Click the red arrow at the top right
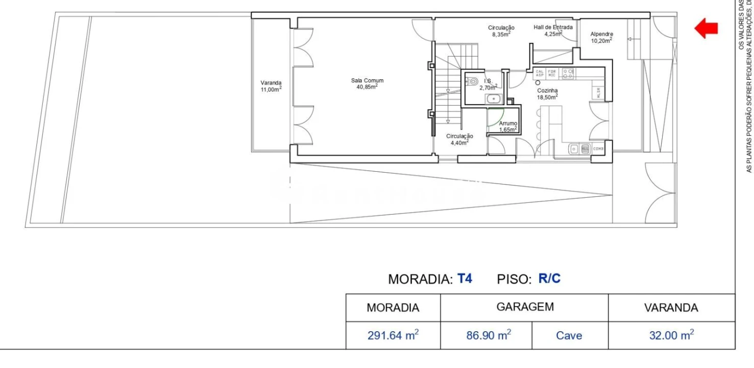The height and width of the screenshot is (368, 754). pos(707,28)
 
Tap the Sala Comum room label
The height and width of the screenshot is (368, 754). pos(367,83)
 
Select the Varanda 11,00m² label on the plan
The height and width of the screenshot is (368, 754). pos(271,86)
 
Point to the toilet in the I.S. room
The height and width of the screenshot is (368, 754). pos(472,81)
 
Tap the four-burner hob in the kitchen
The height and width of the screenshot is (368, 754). pos(568,74)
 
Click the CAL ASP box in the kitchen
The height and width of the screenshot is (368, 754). pos(540,74)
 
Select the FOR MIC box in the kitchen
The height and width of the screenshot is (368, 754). pos(552,74)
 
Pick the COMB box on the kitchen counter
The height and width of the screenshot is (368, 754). pos(598,149)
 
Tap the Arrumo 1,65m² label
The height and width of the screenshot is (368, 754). pos(508,126)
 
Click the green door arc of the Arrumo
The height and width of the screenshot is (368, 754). pos(495,118)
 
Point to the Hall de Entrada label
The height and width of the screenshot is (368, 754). pos(553,31)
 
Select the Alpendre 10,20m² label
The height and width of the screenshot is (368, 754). pos(602,37)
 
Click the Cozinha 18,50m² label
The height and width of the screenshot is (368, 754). pos(547,93)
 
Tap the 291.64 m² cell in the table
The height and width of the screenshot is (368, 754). pos(393,335)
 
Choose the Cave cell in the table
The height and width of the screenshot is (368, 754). pos(569,335)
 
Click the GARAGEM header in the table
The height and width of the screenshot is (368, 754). pos(525,307)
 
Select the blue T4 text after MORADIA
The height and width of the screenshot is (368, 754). pos(465,279)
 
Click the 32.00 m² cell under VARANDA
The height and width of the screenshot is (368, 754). pos(671,335)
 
